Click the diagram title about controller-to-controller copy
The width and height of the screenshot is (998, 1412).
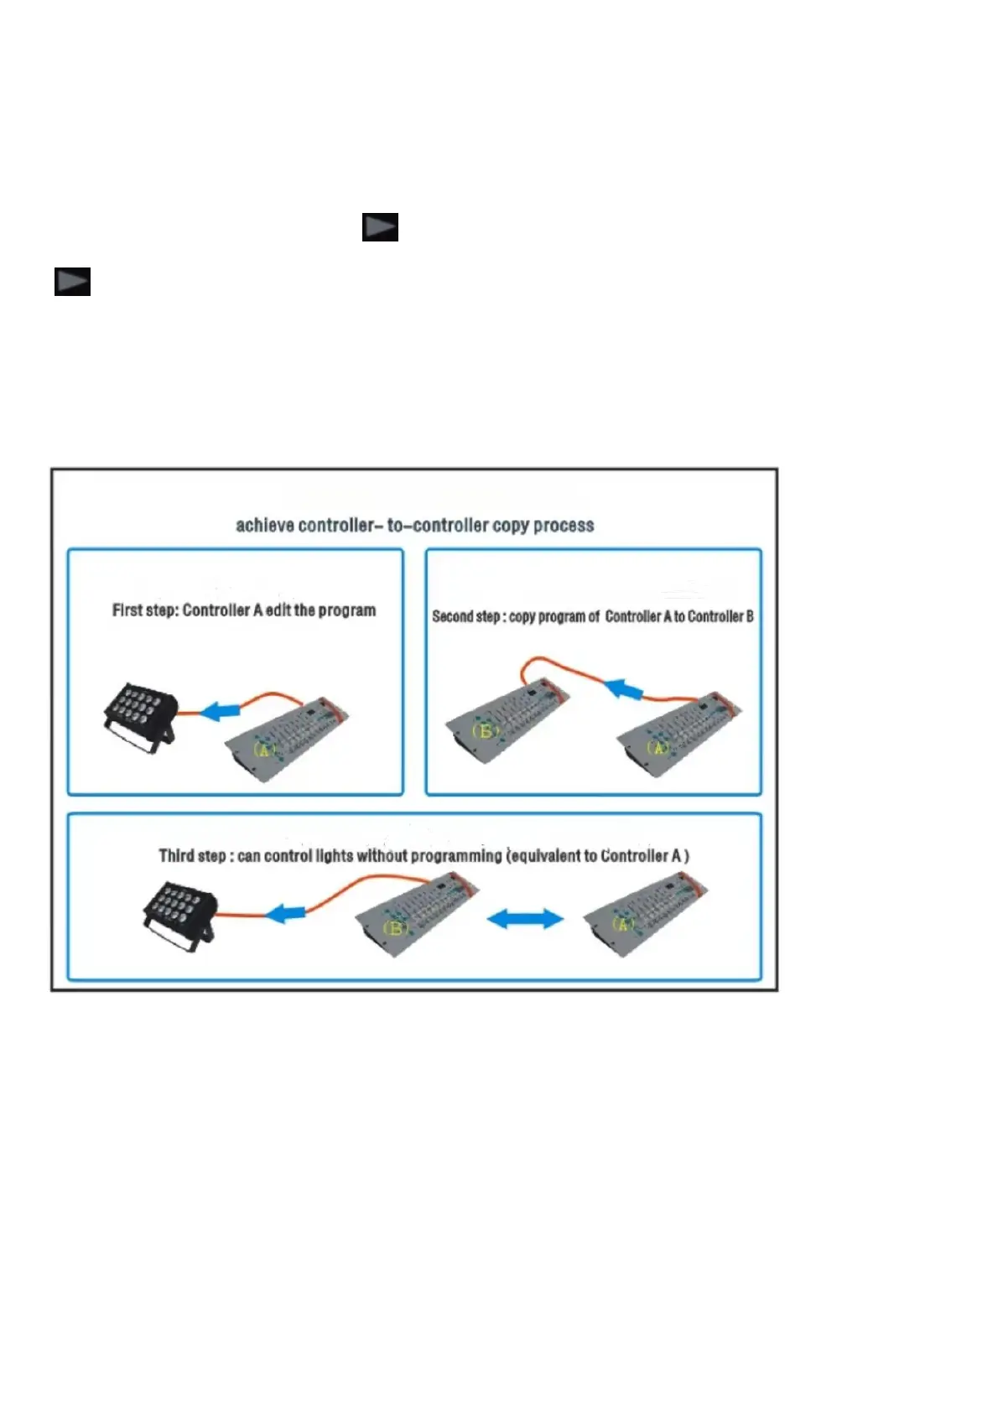414,526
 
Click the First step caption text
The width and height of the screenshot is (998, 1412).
244,610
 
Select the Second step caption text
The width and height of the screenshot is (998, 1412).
592,616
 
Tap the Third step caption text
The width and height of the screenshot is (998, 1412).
424,855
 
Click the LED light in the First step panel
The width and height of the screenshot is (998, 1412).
140,715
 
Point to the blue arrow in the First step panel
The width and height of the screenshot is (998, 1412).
220,712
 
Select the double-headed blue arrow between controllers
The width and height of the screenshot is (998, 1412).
525,919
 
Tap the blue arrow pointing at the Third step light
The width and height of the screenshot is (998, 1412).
286,913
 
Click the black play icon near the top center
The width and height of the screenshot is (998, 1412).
380,227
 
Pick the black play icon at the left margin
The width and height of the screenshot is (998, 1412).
72,282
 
